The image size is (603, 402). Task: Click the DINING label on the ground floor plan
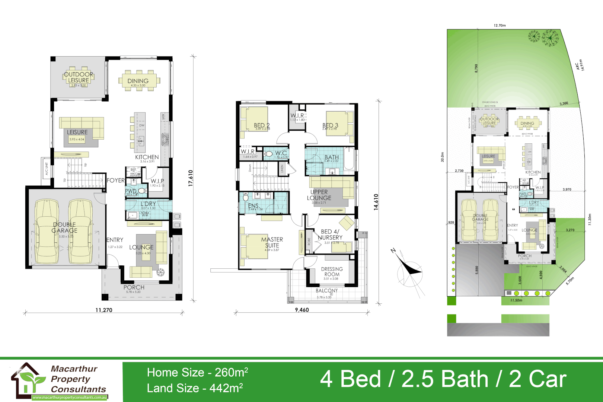[x=138, y=81]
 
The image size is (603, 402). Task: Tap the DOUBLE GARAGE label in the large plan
[x=64, y=227]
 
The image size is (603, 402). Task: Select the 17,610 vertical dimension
[x=191, y=178]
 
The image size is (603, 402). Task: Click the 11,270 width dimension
[x=104, y=310]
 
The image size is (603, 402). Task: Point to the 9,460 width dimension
[x=302, y=310]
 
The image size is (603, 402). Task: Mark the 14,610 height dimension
[x=376, y=202]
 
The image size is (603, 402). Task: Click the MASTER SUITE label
[x=272, y=242]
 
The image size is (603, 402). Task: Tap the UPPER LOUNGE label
[x=319, y=195]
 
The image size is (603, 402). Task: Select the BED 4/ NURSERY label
[x=330, y=234]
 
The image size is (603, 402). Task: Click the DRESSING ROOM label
[x=332, y=272]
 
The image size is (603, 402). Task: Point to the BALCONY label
[x=327, y=290]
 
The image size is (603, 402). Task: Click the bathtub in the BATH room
[x=349, y=159]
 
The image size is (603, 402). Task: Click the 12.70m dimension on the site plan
[x=500, y=26]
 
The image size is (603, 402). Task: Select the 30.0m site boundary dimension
[x=443, y=157]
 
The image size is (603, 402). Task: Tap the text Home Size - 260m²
[x=197, y=372]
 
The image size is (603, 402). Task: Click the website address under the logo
[x=70, y=398]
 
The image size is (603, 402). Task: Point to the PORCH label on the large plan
[x=134, y=287]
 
